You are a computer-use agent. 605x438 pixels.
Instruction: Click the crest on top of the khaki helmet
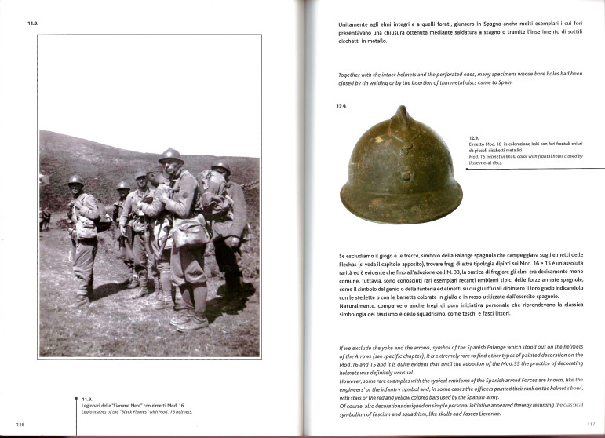coord(402,117)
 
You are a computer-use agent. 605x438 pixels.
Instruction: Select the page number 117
coord(590,424)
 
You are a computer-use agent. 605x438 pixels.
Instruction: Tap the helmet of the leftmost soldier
coord(75,181)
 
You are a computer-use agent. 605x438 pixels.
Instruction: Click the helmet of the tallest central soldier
coord(170,155)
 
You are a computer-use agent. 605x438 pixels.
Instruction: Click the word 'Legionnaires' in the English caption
coord(98,412)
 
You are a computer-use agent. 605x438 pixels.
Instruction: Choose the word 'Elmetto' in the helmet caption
coord(478,143)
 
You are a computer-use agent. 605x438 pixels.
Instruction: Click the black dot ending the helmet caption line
coord(466,167)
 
